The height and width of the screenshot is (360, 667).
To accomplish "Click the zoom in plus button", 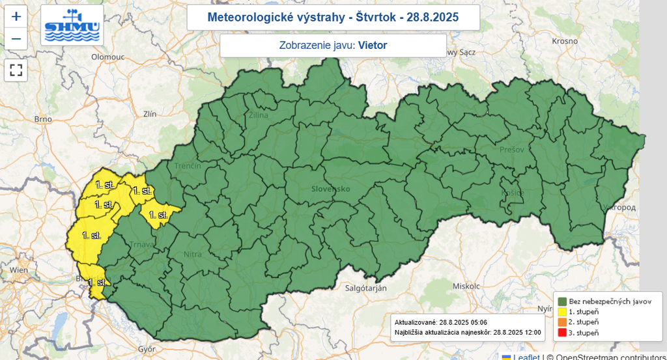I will point(16,16).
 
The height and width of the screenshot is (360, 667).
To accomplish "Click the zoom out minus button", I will point(16,38).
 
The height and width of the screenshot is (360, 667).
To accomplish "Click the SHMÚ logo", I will point(72,25).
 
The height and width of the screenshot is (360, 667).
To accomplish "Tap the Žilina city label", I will point(258,115).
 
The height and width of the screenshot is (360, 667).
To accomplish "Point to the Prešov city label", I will point(512,150).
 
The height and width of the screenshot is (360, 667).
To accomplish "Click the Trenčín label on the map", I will point(187,166).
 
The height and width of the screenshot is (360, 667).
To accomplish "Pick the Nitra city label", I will point(193,255).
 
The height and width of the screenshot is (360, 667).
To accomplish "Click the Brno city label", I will point(42,119).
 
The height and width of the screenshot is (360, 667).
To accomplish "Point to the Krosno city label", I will point(565,40).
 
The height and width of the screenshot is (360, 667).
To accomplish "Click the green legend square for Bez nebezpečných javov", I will point(561,301).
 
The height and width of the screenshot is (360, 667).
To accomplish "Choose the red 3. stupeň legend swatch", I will point(561,333).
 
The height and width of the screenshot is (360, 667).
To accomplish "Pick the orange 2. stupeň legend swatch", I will point(561,322).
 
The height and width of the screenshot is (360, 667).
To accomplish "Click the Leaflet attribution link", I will point(526,356).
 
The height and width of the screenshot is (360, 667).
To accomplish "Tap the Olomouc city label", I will point(107,57).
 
